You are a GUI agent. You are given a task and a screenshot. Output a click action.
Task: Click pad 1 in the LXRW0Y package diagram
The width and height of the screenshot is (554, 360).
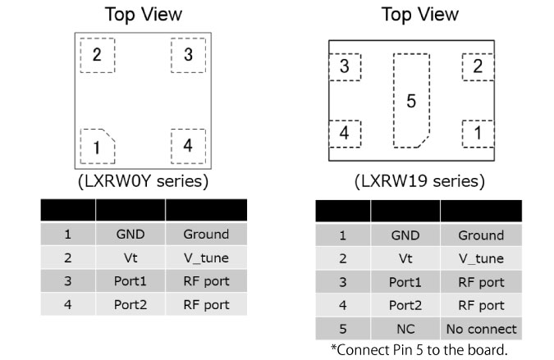(97, 146)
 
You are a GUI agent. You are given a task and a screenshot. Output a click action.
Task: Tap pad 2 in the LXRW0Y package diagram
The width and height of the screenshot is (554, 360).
(97, 56)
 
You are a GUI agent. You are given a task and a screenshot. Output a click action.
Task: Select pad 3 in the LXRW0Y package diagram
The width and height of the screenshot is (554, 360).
(188, 56)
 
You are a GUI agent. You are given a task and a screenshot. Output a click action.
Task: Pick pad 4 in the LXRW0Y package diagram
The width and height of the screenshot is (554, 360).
(188, 146)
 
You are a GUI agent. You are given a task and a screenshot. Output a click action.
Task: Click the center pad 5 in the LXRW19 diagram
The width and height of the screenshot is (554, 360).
(411, 101)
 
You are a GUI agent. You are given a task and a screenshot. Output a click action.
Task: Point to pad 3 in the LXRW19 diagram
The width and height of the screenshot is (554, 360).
(345, 67)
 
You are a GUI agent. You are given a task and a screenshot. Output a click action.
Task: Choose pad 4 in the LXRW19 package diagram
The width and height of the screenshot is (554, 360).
(345, 132)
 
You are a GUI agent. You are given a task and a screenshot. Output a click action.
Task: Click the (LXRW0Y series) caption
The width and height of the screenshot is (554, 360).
(143, 180)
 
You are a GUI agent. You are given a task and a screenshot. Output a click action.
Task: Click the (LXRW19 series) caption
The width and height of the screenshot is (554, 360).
(419, 180)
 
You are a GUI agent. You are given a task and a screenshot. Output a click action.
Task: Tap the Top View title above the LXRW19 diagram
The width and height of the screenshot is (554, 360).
(420, 15)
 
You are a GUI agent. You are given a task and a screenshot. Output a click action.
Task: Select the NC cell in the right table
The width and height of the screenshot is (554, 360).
(405, 329)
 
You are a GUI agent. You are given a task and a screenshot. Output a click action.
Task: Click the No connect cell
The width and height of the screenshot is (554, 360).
(481, 329)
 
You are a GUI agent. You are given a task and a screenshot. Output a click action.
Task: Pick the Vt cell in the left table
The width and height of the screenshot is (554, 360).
(130, 257)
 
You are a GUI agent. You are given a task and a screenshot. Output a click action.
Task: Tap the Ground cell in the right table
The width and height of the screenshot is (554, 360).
(481, 235)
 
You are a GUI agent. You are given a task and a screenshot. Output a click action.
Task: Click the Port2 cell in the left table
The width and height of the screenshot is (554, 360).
(130, 304)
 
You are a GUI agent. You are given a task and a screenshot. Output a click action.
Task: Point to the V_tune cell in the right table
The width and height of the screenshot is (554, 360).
(481, 258)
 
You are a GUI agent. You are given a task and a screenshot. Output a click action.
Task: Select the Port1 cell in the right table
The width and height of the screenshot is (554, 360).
(405, 282)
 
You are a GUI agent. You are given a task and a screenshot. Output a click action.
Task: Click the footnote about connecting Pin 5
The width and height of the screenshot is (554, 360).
(419, 351)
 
